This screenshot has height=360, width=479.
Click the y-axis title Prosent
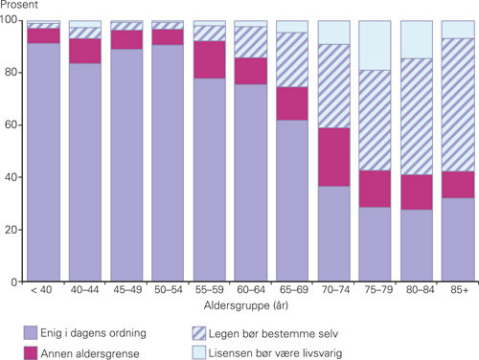pos(20,7)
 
